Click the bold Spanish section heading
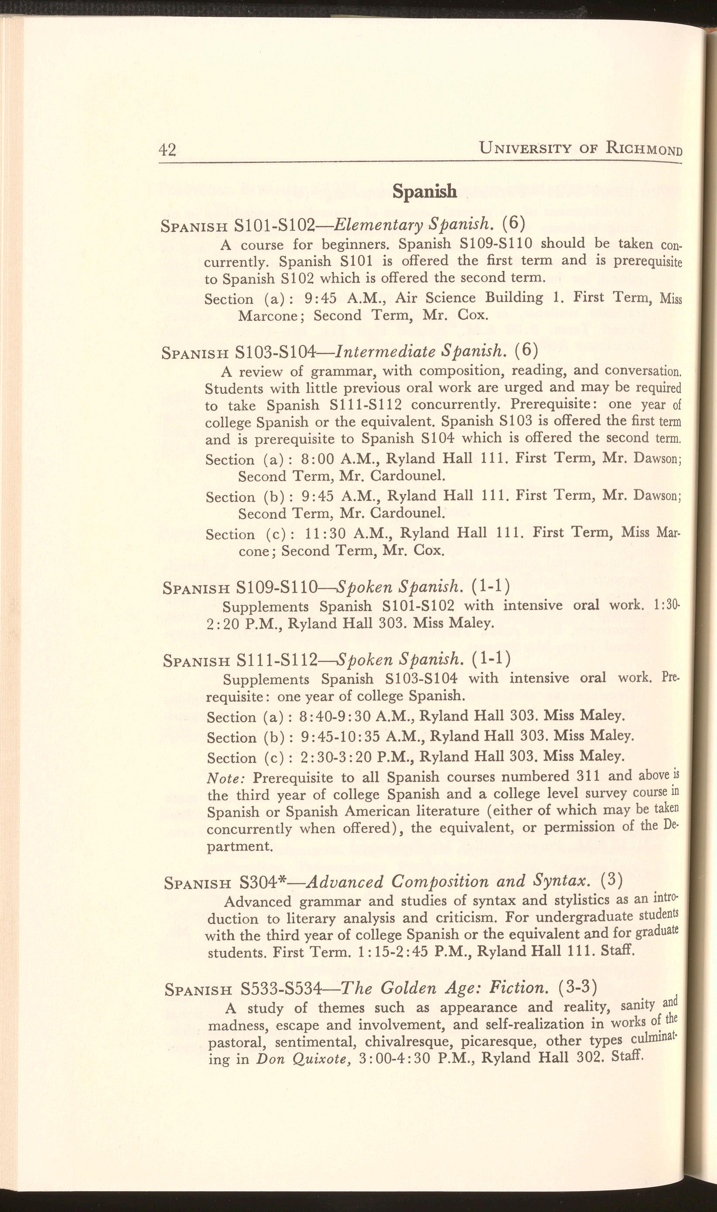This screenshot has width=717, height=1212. point(424,192)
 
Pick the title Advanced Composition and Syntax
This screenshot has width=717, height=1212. point(448,881)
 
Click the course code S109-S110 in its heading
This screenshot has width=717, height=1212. point(277,587)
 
